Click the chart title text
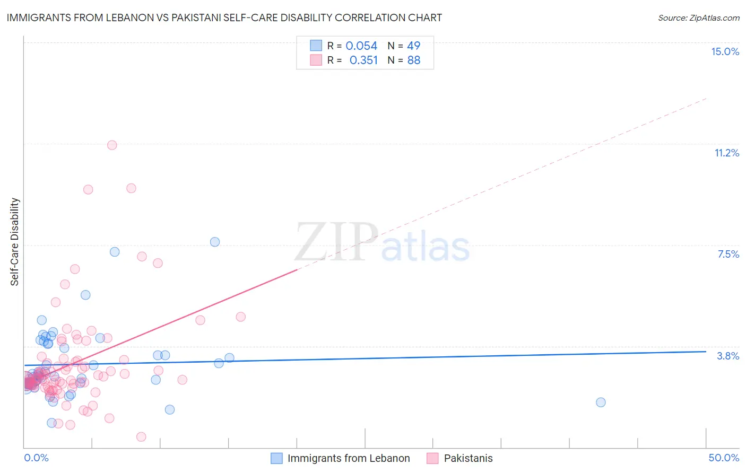coord(224,17)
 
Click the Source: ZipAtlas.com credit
coord(698,18)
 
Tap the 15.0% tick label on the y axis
coord(725,51)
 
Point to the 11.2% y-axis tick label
coord(726,153)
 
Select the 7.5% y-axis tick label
coord(728,254)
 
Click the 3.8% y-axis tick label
coord(728,356)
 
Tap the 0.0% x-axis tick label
coord(36,458)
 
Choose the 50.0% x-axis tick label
coord(724,458)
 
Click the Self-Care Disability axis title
coord(15,242)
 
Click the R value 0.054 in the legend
coord(361,46)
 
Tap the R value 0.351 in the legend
coord(363,60)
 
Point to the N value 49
coord(413,46)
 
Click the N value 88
coord(413,60)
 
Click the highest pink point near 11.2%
coord(112,145)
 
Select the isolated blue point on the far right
coord(601,402)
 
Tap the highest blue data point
coord(215,242)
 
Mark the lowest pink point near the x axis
coord(141,436)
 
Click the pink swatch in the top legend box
coord(316,60)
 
